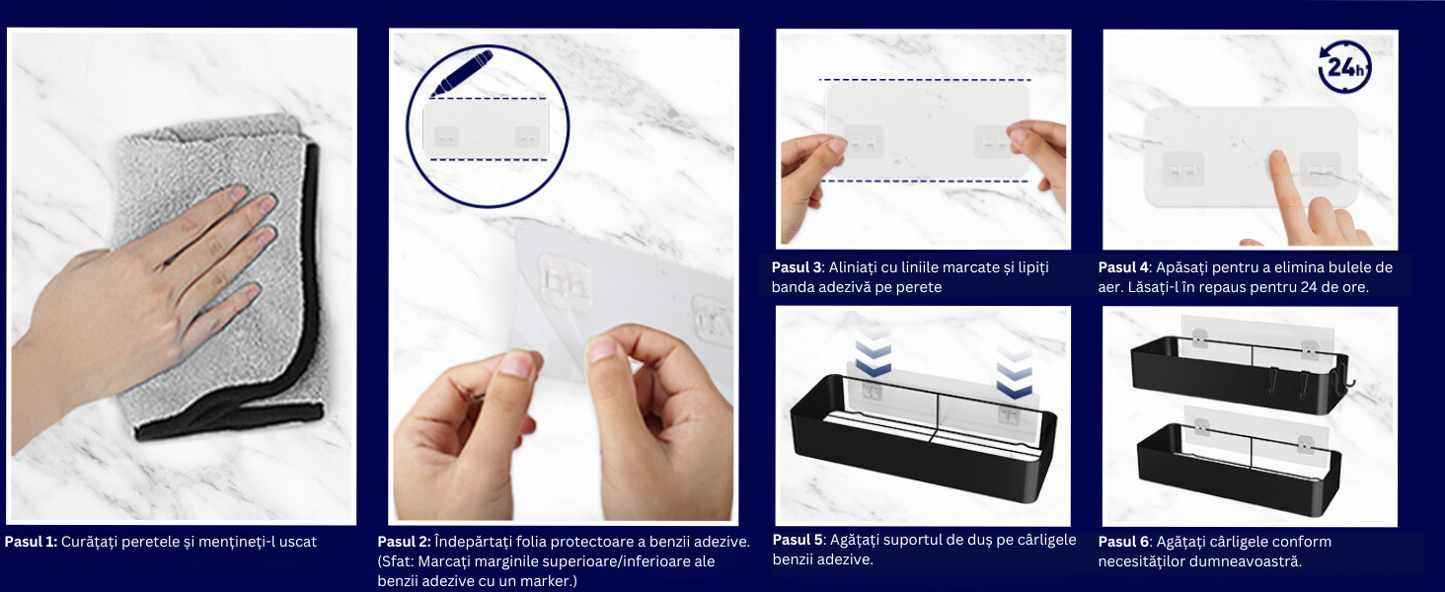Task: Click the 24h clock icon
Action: point(1344,66)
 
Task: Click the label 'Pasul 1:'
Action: point(31,542)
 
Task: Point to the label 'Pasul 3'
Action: point(797,267)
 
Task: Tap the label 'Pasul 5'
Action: point(798,540)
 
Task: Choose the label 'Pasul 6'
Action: point(1124,542)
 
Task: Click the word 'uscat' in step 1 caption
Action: point(297,542)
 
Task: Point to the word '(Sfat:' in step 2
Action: point(396,561)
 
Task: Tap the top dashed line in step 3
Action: point(925,80)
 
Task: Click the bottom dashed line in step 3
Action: point(925,182)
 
